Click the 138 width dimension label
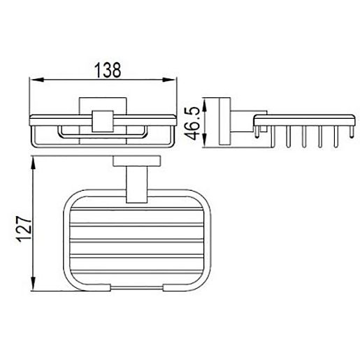tap(108, 70)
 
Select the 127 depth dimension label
tap(24, 229)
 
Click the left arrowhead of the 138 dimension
tap(38, 80)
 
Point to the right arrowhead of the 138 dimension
tap(168, 80)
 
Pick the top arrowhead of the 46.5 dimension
tap(205, 104)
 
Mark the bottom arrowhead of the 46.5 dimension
tap(205, 141)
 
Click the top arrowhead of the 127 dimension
tap(34, 163)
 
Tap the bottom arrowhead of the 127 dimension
tap(34, 284)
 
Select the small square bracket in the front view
tap(103, 121)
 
